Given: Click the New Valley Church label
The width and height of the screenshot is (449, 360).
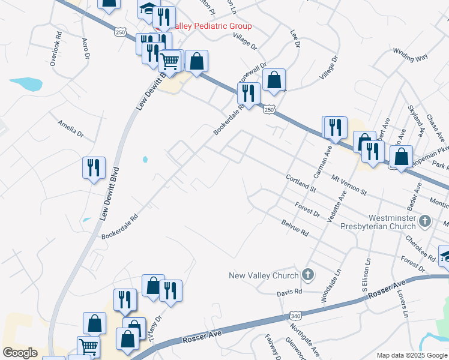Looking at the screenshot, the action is coord(264,275).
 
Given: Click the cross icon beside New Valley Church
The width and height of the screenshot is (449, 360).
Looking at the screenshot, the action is coord(308,275).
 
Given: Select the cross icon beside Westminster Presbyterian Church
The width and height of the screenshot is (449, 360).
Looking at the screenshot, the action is coord(425,221).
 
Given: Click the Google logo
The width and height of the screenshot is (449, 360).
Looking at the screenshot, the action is coord(20,352).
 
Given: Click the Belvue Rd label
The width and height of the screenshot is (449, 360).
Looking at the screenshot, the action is coord(294,227).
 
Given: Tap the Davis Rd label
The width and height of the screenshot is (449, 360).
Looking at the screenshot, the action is coord(289,294).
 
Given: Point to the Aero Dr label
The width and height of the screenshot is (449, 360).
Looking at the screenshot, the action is coord(86,49).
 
